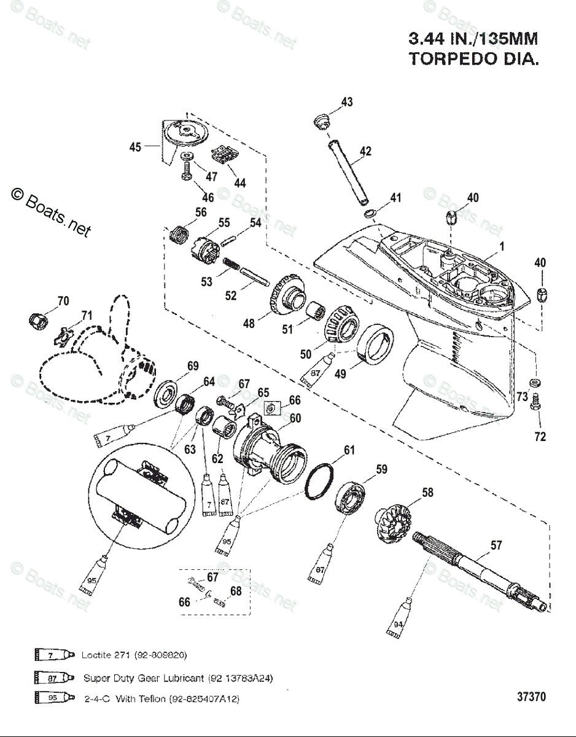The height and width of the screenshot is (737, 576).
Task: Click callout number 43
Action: tap(347, 102)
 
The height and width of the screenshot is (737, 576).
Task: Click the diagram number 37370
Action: tap(531, 697)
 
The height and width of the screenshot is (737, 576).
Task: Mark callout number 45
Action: tap(135, 147)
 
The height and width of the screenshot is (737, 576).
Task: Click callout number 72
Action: tap(540, 437)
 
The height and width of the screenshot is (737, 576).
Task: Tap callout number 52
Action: tap(230, 295)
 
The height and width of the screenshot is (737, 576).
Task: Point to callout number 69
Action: tap(193, 366)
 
